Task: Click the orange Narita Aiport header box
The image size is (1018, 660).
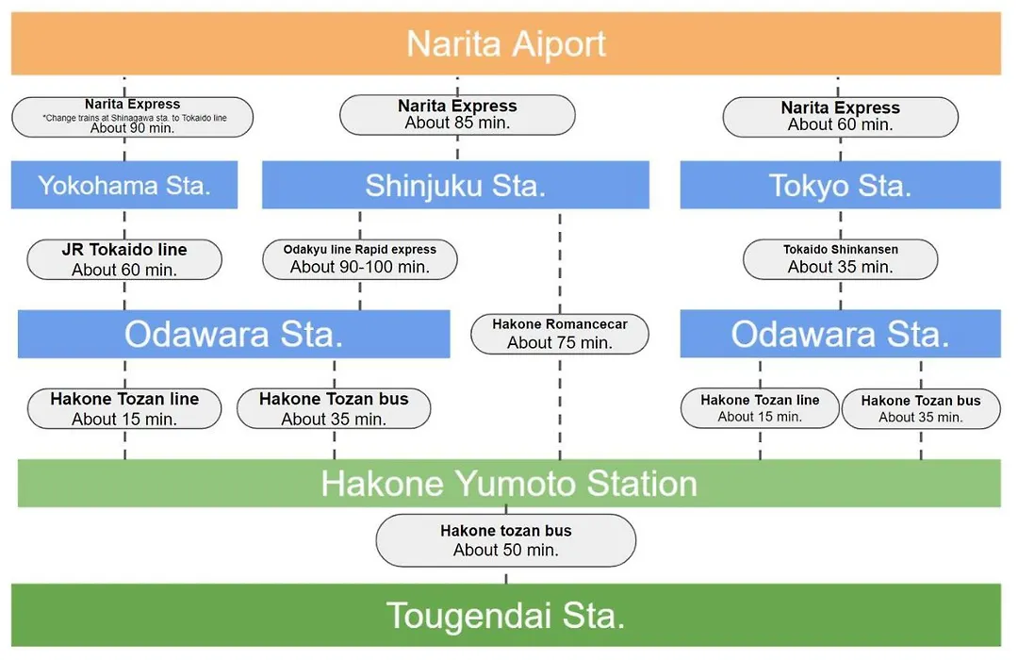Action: (506, 43)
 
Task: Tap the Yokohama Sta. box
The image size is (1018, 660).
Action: (124, 185)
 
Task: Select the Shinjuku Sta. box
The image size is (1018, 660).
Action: (455, 185)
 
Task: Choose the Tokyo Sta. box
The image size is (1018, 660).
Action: (840, 185)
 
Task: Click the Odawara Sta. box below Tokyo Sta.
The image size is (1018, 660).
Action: (840, 334)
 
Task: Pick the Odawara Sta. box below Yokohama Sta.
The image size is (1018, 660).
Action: (234, 334)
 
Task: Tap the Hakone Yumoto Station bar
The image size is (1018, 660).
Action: (509, 484)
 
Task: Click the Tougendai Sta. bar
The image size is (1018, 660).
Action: (506, 615)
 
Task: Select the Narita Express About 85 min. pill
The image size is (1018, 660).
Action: (457, 115)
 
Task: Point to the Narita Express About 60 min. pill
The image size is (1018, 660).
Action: (840, 117)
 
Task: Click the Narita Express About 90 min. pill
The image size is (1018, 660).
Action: (133, 117)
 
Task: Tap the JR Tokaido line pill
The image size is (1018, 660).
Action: (124, 259)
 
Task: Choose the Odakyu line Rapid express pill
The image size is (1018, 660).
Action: (360, 259)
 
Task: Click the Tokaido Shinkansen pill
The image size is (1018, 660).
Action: (840, 259)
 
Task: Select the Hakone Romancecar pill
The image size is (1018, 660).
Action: (560, 334)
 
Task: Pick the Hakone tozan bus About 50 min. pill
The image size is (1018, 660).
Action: (506, 540)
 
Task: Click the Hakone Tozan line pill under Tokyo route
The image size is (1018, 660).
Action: (760, 408)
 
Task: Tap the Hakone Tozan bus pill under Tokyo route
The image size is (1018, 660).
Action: (921, 408)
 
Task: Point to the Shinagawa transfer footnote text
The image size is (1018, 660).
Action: (135, 118)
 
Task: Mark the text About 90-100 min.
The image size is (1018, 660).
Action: (360, 267)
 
